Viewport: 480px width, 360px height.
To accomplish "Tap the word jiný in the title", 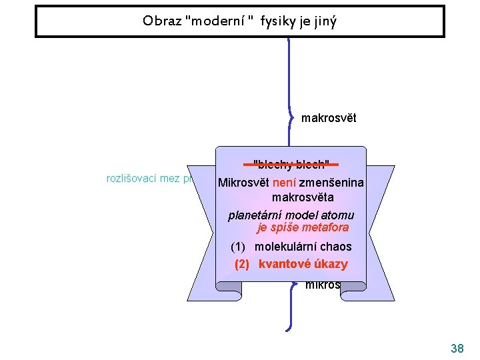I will coord(324,21).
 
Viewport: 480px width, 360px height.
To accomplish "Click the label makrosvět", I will coord(329,119).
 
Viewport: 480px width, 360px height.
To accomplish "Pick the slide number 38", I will coord(457,349).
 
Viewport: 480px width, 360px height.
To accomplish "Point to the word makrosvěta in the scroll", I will coord(303,198).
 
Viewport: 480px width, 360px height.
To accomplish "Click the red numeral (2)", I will coord(242,264).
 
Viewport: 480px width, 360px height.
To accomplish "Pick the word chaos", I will coord(336,247).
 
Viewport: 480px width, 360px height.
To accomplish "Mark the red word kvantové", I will coord(284,264).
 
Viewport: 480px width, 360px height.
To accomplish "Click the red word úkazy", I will coord(329,264).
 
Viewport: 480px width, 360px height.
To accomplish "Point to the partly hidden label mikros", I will coord(322,285).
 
